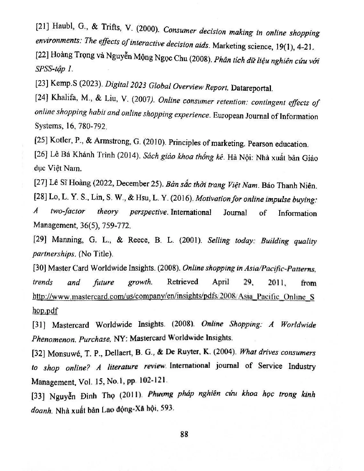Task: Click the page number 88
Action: pos(184,434)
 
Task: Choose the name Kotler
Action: pos(60,140)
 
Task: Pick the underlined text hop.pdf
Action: pos(45,311)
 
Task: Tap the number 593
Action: pos(167,408)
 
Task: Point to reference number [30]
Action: pos(39,268)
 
